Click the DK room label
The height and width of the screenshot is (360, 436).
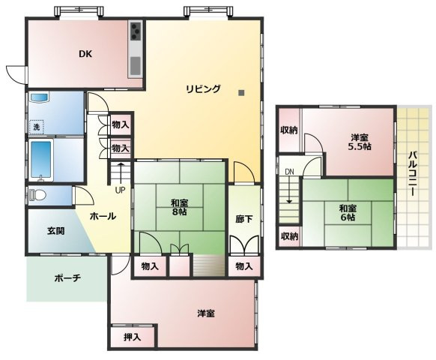(x=85, y=53)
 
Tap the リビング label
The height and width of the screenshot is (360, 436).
(x=203, y=89)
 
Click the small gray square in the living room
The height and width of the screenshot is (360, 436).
(x=241, y=93)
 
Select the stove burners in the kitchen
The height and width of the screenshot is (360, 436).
(x=136, y=31)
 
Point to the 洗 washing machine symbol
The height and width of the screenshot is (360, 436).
(x=36, y=127)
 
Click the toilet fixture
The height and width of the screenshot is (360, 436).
(x=37, y=196)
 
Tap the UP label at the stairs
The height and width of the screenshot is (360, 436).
(x=120, y=189)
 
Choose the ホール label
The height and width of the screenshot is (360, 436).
(x=102, y=216)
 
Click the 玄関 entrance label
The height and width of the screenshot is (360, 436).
(x=55, y=231)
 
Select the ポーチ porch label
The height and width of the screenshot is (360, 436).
(x=67, y=277)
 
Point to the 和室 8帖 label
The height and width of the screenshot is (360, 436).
(x=179, y=206)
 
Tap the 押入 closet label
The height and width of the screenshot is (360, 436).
(x=133, y=337)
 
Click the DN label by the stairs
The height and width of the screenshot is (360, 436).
(x=289, y=172)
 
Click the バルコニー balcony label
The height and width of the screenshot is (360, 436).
(x=413, y=174)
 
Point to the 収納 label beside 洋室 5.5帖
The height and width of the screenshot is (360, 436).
(x=289, y=130)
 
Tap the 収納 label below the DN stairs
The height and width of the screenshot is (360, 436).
(x=289, y=236)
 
